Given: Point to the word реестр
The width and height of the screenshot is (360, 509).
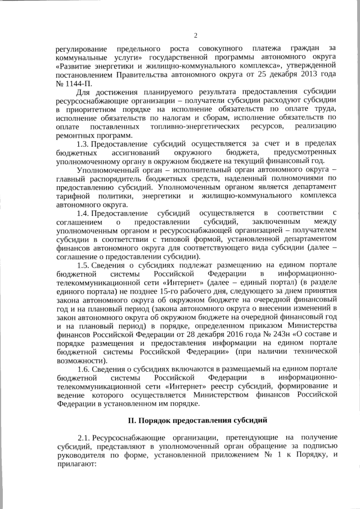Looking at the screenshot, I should pyautogui.click(x=241, y=386).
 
